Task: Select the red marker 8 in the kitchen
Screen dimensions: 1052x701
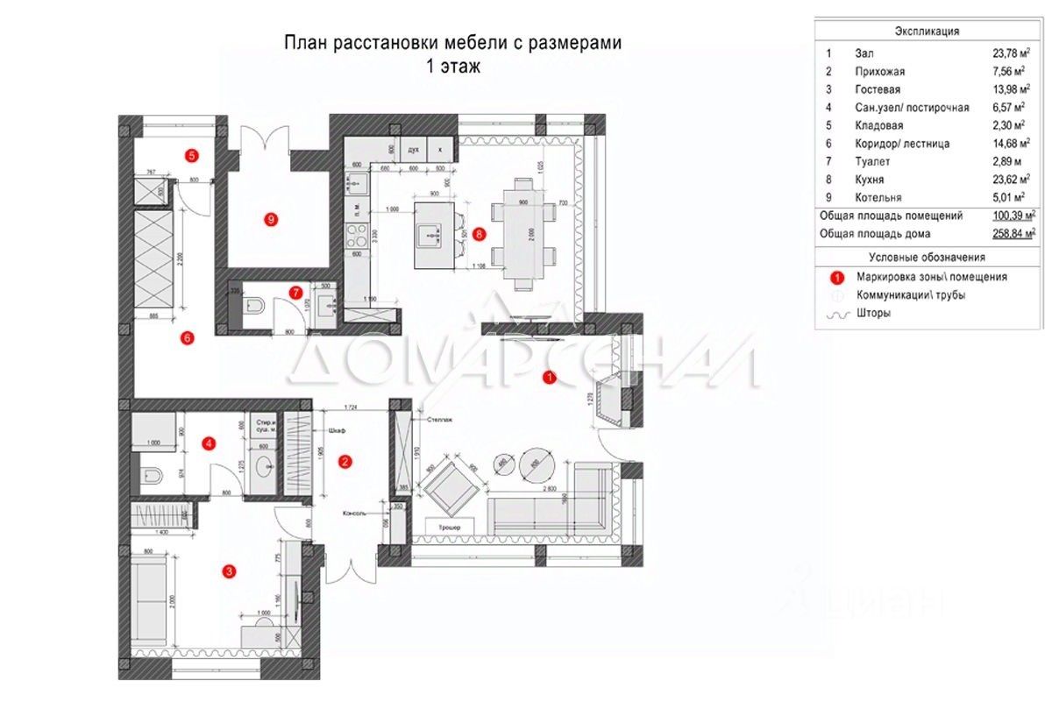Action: pos(478,234)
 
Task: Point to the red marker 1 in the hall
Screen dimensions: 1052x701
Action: pos(549,379)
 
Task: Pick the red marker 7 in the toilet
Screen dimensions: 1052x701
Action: pos(296,292)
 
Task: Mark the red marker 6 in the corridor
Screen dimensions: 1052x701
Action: pos(187,336)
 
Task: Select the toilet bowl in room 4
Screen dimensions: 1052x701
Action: pos(150,476)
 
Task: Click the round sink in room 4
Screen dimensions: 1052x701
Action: pos(262,464)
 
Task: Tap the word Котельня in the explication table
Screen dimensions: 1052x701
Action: pos(878,197)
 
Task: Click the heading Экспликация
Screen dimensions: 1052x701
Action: pos(926,31)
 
